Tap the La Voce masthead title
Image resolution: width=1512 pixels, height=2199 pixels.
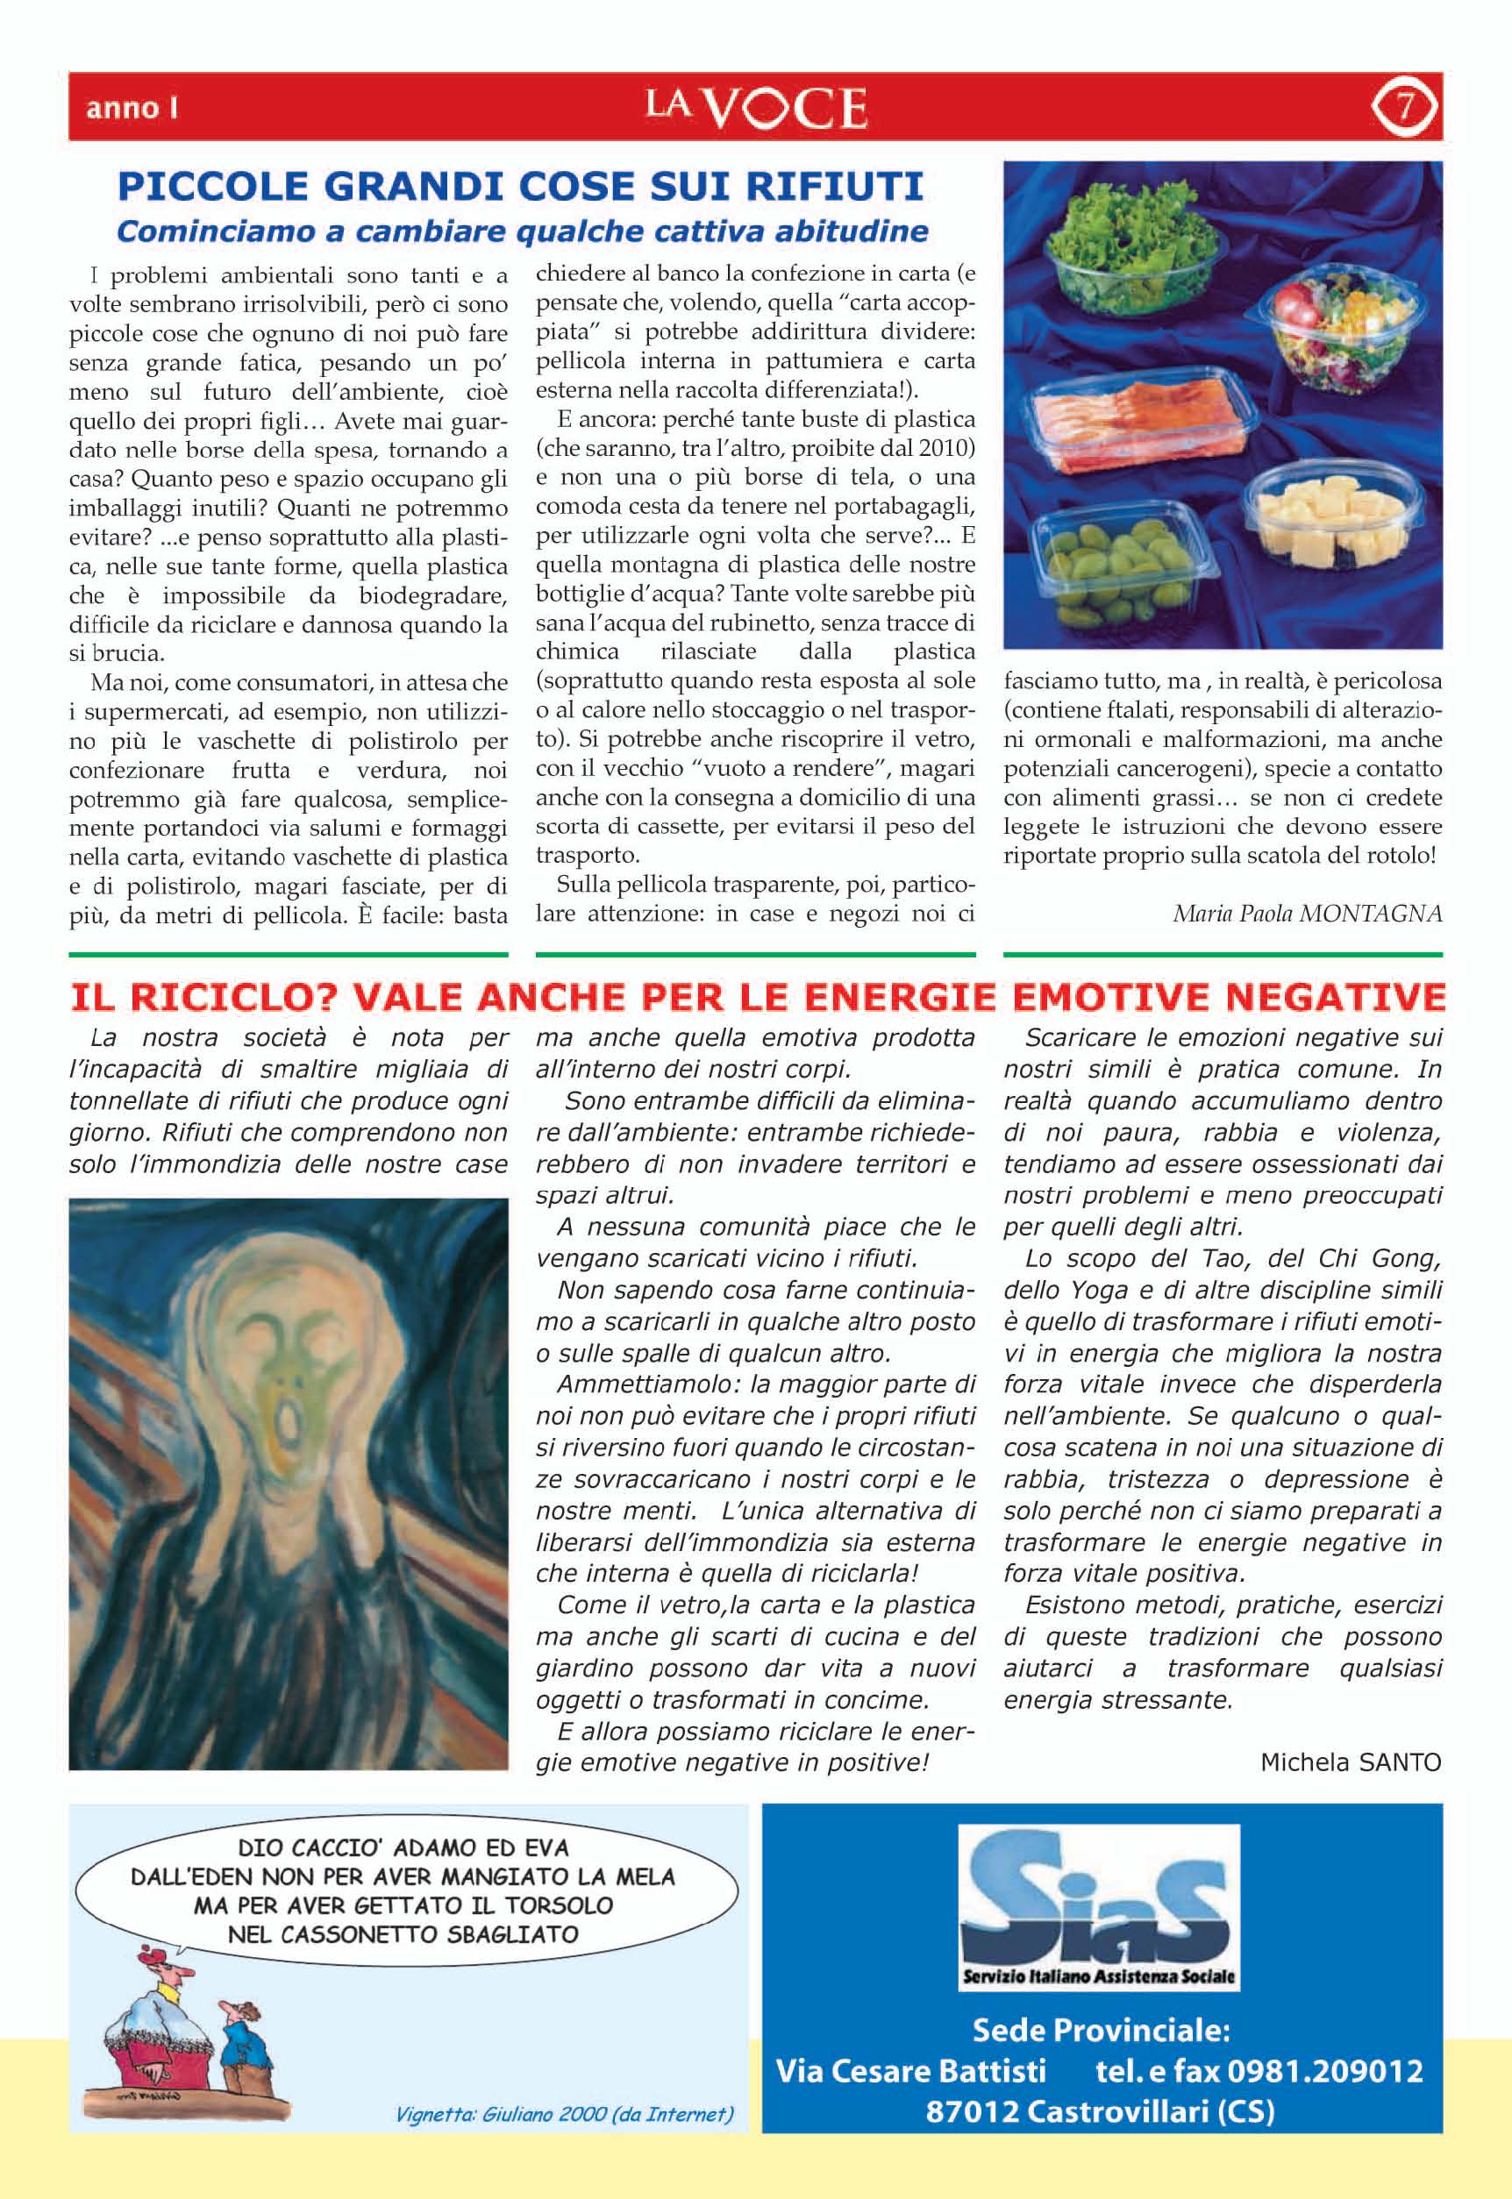[756, 107]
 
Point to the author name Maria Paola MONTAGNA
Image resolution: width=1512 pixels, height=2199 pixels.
[1307, 913]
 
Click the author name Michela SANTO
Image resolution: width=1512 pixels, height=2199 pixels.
[1350, 1761]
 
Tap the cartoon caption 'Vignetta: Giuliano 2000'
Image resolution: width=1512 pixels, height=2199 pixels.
[564, 2132]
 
